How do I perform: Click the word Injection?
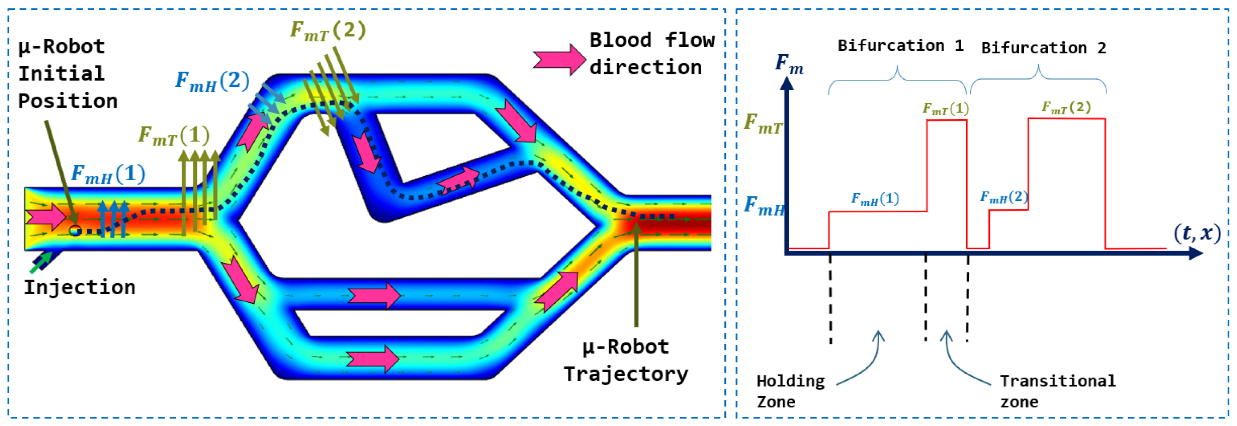[80, 288]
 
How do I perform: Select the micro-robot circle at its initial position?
[75, 231]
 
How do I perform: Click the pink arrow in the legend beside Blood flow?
[559, 59]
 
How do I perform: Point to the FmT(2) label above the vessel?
[328, 30]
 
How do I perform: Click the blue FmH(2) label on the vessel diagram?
[212, 81]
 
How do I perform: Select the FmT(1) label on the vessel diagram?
[174, 135]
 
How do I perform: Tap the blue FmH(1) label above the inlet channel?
[108, 174]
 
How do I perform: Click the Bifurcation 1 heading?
[900, 46]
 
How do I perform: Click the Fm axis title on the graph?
[789, 64]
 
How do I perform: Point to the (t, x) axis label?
[1197, 233]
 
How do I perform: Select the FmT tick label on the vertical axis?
[763, 123]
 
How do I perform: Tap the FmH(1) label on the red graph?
[875, 199]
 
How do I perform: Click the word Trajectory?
[626, 374]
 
